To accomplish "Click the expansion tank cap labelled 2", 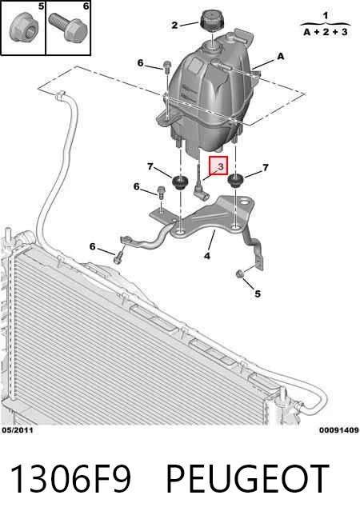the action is pos(212,20).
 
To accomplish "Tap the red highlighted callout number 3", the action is pos(218,166).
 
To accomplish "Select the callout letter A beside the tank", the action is pos(280,56).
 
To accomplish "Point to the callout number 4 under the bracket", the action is pos(207,256).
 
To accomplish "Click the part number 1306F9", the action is pos(70,479).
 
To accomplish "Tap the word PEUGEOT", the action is pos(247,479).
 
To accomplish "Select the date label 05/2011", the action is pos(18,430).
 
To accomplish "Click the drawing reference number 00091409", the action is pos(339,430).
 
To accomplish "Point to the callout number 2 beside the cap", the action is pos(174,25).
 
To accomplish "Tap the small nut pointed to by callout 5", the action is pos(239,273).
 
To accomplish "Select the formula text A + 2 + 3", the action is pos(326,32).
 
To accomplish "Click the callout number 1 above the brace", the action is pos(326,15).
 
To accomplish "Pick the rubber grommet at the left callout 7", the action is pos(180,182).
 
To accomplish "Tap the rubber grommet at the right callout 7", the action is pos(235,181).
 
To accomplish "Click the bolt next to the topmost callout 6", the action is pos(167,66).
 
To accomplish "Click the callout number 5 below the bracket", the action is pos(258,293).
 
